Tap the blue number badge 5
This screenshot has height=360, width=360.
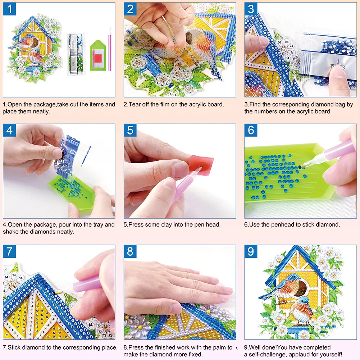pos(130,130)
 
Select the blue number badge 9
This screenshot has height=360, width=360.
pos(251,251)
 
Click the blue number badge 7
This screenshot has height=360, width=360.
pos(9,251)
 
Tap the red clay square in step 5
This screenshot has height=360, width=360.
pos(201,165)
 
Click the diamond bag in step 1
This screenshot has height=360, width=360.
pos(76,54)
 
